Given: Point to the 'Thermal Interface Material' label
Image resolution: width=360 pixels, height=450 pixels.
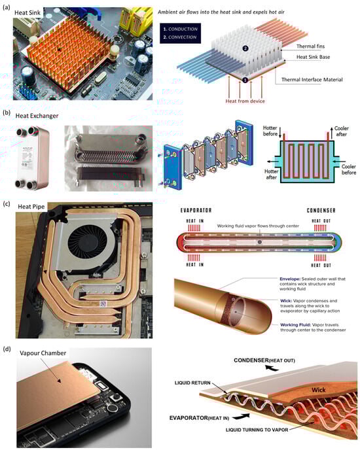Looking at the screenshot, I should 319,80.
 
